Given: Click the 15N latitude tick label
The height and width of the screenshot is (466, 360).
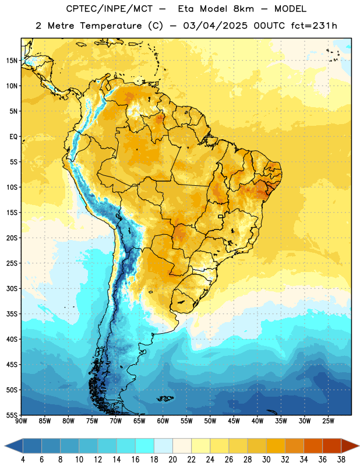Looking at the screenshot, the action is [x=12, y=61].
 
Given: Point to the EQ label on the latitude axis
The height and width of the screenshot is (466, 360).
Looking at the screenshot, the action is [x=13, y=137].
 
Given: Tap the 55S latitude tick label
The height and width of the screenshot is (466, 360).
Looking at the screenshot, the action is [x=12, y=415].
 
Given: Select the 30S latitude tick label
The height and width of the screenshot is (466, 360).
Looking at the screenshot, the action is [x=12, y=288].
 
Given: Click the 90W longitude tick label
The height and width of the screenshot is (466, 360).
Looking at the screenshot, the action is [x=22, y=421].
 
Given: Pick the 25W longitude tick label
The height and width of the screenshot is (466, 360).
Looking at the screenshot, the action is [x=328, y=421].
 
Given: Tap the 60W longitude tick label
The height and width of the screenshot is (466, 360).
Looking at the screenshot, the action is [x=163, y=421].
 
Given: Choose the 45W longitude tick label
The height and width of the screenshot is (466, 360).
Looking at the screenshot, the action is [x=234, y=421].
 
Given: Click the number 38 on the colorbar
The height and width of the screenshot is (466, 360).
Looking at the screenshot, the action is [x=341, y=460].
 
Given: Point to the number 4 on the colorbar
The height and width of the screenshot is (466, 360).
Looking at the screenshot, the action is [x=23, y=460].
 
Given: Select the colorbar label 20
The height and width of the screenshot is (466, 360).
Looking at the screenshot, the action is [x=172, y=460].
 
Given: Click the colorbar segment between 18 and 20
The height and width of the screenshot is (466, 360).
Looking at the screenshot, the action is [x=163, y=446].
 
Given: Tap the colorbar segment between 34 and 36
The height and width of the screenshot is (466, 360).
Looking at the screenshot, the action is [x=313, y=446].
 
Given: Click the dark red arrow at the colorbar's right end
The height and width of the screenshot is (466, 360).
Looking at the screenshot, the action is [x=349, y=446].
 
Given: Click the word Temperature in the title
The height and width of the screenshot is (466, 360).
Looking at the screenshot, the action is [x=111, y=26].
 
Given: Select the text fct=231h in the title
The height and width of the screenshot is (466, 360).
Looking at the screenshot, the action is [x=314, y=26].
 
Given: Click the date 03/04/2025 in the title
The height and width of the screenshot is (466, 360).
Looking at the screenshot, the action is [x=215, y=26].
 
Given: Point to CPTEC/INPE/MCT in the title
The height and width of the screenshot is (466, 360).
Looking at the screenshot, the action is [x=109, y=9].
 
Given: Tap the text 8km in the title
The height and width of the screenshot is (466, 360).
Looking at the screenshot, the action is [x=243, y=9].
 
